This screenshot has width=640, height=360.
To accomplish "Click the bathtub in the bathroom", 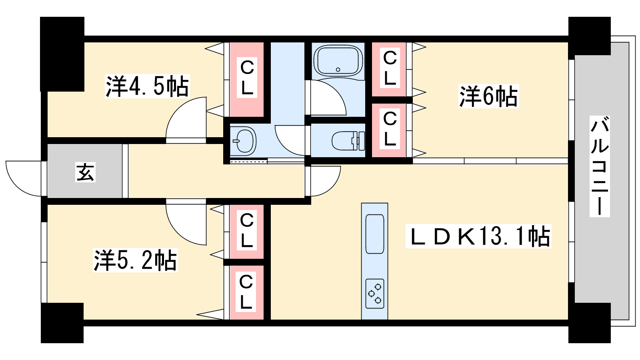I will [338, 61].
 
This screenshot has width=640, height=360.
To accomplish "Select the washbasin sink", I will [244, 141].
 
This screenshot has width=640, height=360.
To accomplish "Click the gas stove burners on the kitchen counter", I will [375, 294].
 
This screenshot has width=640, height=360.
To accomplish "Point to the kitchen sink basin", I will [375, 234].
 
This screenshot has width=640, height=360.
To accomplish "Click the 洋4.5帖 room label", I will [147, 86].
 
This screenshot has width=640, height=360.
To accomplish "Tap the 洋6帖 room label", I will [488, 96].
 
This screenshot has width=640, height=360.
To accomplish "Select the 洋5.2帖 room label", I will [135, 260].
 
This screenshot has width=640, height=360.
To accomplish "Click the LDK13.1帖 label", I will [478, 236].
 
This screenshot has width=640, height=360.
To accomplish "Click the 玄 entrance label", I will [85, 172].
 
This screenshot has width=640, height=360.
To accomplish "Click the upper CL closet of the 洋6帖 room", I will [389, 69].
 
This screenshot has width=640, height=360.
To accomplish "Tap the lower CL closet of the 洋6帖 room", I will [389, 130].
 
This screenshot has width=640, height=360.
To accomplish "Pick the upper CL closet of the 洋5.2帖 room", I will [246, 231].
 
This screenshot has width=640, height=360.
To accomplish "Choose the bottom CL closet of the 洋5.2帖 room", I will [246, 292].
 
